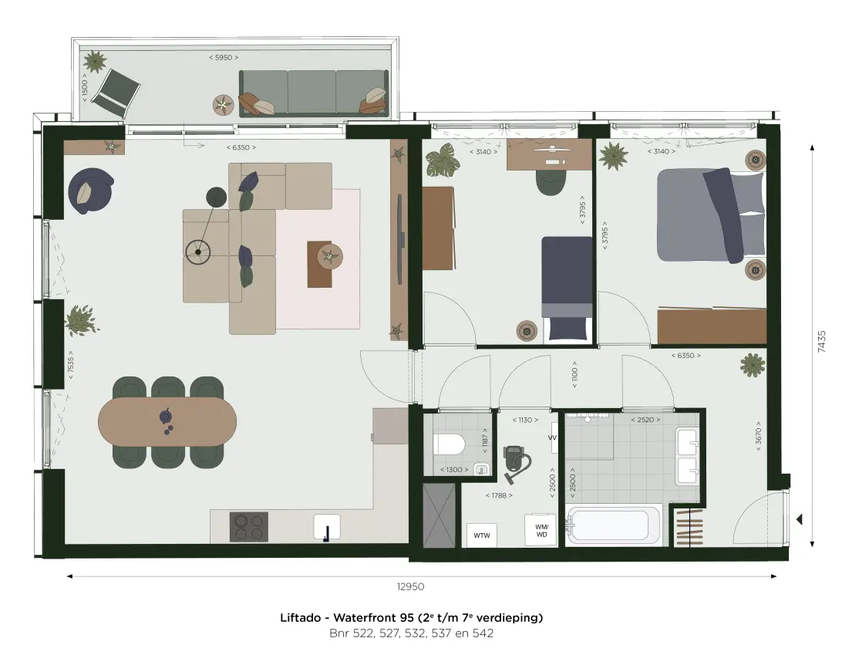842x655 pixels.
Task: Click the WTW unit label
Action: pos(482,535)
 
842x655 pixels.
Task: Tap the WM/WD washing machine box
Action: pos(541,530)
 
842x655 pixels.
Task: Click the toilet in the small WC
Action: pos(449,445)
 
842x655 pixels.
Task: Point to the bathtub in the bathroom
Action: pos(613,525)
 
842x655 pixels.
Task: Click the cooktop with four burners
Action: pos(249,527)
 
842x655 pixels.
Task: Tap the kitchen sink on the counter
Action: pos(326,527)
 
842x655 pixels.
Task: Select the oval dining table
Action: pos(167,421)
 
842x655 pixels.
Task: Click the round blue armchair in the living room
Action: pos(90,191)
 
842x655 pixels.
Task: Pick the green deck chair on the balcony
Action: pos(116,93)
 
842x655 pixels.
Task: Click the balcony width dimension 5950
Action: pos(224,58)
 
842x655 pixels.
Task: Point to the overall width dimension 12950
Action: pos(410,587)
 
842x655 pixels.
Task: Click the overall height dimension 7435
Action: pos(822,341)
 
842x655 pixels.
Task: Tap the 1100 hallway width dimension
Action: pos(574,374)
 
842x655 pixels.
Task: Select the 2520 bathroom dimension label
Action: pos(645,420)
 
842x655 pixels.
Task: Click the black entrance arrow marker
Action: pos(799,519)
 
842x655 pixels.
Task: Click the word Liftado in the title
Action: pos(300,618)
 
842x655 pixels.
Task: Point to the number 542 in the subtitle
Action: pos(483,633)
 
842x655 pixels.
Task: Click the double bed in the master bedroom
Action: pos(711,215)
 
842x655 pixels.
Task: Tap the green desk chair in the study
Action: pos(551,183)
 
